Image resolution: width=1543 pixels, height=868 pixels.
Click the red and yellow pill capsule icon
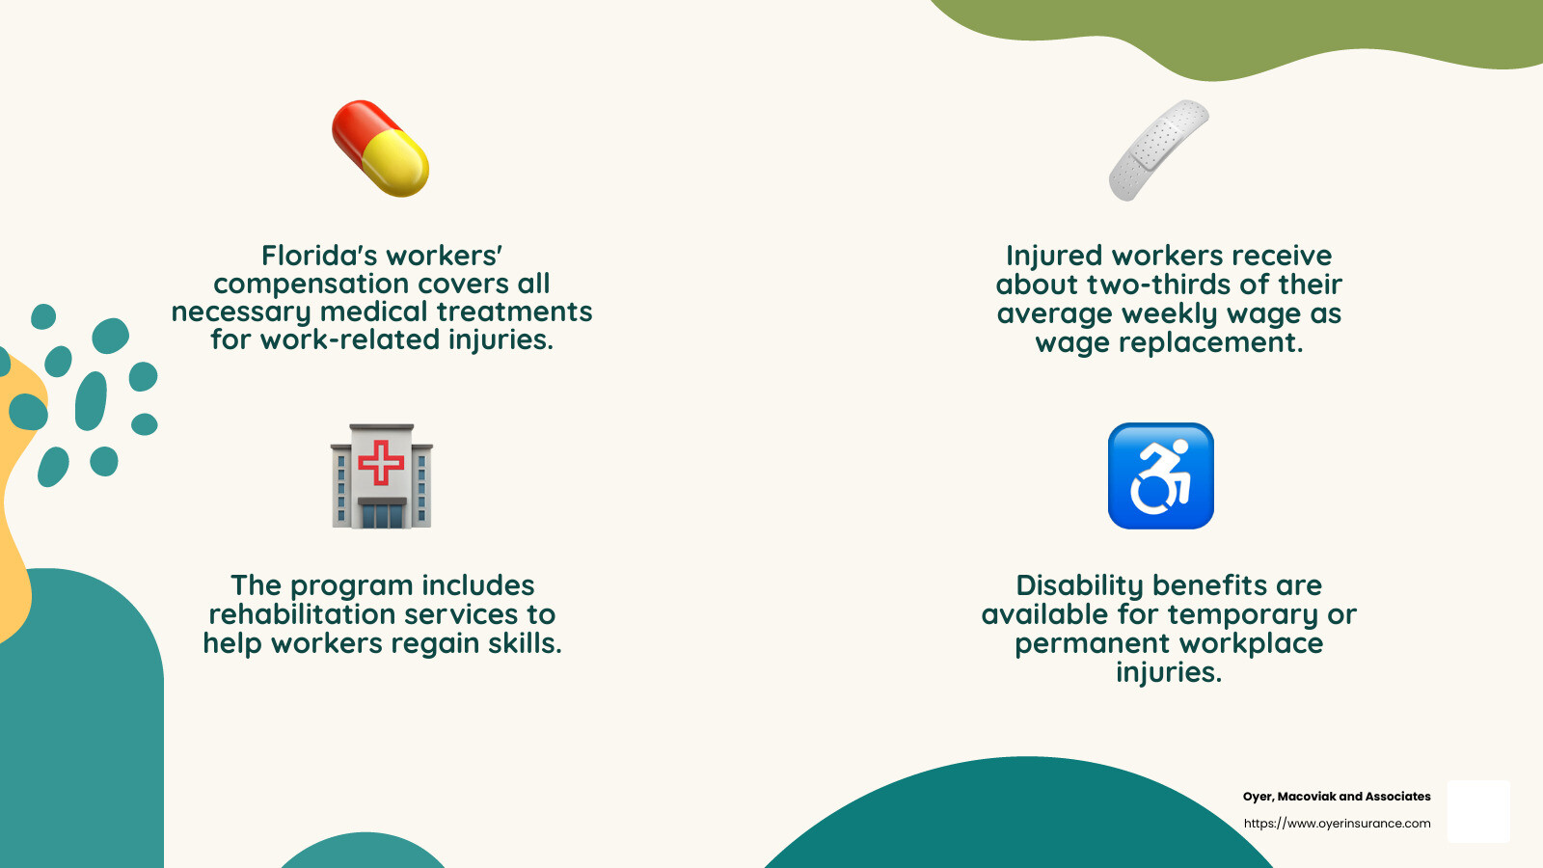(x=380, y=149)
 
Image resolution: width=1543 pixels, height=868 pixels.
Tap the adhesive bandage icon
(x=1158, y=150)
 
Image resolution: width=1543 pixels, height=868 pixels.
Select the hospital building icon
(x=382, y=476)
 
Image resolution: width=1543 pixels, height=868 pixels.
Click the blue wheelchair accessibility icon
(x=1161, y=476)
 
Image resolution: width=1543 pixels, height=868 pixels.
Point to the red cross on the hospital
(x=381, y=462)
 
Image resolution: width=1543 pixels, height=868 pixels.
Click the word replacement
(x=1211, y=342)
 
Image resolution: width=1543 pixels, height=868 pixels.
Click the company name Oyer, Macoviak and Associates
(x=1337, y=797)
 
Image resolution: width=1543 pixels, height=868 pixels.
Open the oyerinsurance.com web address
(x=1337, y=824)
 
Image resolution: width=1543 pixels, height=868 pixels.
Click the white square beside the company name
(x=1478, y=811)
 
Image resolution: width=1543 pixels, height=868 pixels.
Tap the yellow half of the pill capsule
(x=396, y=163)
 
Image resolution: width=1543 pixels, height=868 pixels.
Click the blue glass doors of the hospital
(x=382, y=516)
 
